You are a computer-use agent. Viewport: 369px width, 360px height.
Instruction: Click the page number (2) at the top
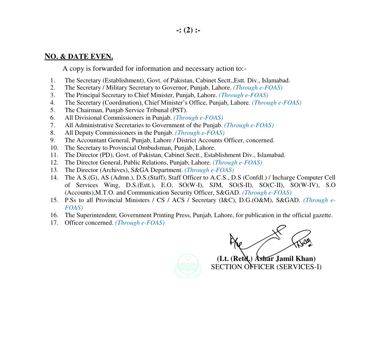188,30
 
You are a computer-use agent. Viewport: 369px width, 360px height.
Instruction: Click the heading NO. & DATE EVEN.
79,56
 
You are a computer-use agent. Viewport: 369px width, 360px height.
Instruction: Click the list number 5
53,110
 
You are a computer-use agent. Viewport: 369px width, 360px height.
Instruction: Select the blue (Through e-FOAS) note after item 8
200,133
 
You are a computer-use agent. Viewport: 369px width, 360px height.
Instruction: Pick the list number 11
54,155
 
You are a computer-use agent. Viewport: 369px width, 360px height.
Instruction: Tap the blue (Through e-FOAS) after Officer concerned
140,223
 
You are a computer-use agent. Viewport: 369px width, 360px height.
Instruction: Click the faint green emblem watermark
188,265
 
